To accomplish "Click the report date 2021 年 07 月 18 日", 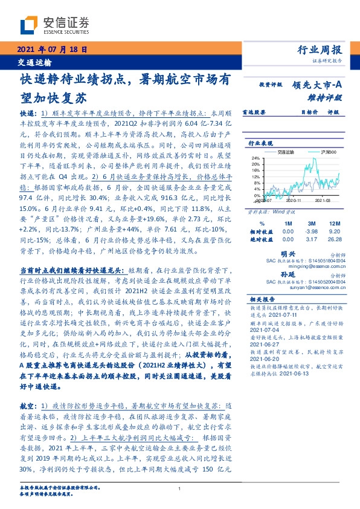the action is [53, 50].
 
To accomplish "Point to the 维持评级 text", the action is [329, 97].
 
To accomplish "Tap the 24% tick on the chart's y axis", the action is [256, 158].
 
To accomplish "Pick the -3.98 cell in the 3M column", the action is [312, 231].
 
